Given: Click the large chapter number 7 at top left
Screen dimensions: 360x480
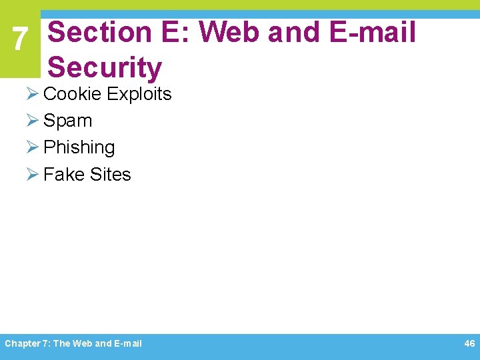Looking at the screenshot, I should pos(20,40).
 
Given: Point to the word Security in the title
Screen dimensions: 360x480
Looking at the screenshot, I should pos(105,68).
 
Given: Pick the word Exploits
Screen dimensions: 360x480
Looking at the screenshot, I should pos(139,94).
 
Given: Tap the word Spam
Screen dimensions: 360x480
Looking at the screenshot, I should pos(67,121).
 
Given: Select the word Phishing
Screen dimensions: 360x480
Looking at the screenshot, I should pos(79,147).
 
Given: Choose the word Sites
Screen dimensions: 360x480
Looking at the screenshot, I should pos(110,175).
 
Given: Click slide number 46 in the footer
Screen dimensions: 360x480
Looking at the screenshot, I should pos(469,343).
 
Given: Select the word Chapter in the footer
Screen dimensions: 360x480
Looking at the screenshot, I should pos(21,344).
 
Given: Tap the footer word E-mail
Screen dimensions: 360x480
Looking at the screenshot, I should pos(128,344).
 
